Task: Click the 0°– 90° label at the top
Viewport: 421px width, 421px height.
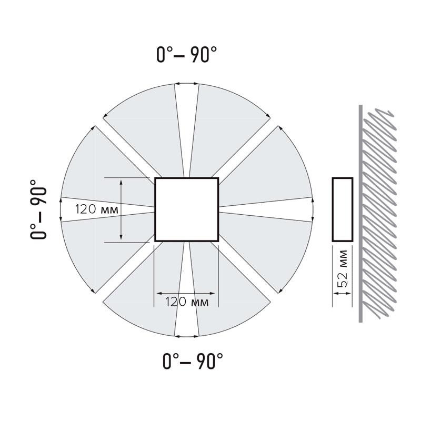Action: click(x=187, y=55)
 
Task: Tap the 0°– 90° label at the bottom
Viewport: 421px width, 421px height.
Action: click(x=193, y=361)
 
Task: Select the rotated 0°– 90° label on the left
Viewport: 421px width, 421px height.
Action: click(x=38, y=209)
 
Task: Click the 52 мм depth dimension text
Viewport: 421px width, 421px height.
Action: click(x=343, y=268)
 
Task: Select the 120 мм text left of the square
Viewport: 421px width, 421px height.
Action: click(x=96, y=209)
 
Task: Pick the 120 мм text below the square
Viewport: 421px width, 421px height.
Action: click(x=187, y=302)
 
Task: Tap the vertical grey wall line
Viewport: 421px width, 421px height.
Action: click(x=360, y=214)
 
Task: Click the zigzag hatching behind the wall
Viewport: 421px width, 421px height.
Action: click(x=379, y=214)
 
